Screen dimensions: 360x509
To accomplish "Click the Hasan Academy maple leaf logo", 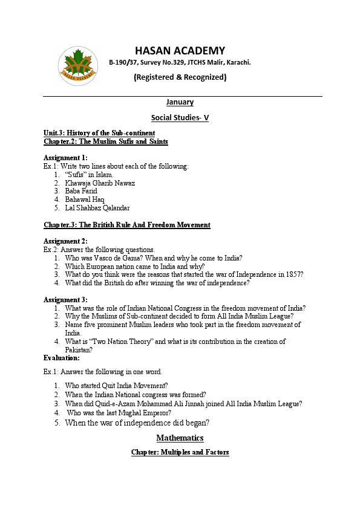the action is pyautogui.click(x=78, y=65).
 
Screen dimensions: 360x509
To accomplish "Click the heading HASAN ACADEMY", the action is pyautogui.click(x=180, y=50).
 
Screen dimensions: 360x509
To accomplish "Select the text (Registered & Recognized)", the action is pyautogui.click(x=180, y=77).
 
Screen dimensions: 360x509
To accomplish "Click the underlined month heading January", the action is pyautogui.click(x=180, y=102).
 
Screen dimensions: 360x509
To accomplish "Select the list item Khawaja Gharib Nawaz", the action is pyautogui.click(x=100, y=183).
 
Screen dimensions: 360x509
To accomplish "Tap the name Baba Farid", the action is pyautogui.click(x=81, y=191).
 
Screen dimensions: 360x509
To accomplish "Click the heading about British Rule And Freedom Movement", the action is pyautogui.click(x=127, y=225).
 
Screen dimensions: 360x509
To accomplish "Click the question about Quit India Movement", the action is pyautogui.click(x=116, y=386).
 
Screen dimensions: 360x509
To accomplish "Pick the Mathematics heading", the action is pyautogui.click(x=180, y=438).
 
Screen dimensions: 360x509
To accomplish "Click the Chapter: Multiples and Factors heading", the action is pyautogui.click(x=180, y=452).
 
